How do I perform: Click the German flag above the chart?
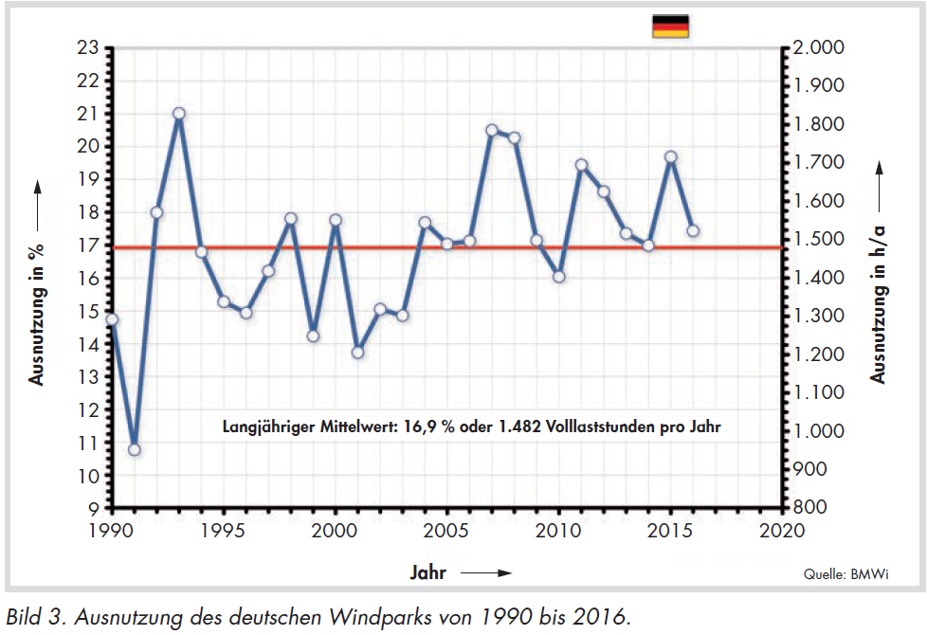tap(670, 26)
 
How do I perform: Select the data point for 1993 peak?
tap(178, 114)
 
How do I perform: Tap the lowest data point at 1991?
tap(134, 449)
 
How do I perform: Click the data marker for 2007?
tap(492, 131)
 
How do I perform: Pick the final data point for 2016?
tap(693, 230)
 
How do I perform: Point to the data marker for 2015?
tap(670, 157)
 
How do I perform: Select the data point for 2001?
tap(357, 353)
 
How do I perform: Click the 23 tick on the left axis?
tap(88, 47)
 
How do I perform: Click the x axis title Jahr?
tap(428, 572)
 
